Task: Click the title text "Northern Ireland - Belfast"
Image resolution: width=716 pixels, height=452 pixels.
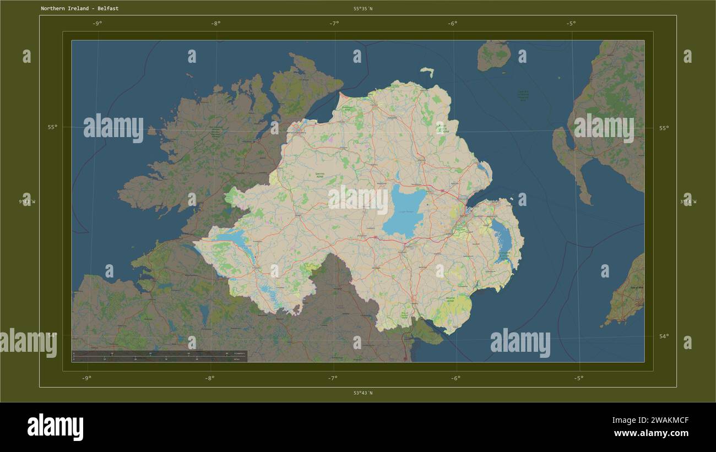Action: coord(79,9)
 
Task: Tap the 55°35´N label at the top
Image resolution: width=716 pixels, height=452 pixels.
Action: coord(363,9)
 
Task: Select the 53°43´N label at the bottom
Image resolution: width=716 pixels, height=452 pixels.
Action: coord(363,393)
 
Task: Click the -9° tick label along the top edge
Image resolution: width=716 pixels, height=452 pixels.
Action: coord(97,23)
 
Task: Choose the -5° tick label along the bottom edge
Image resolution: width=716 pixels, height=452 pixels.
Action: coord(578,378)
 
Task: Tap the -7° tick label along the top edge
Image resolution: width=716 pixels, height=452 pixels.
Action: coord(334,23)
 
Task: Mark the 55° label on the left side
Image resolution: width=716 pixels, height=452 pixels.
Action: coord(52,127)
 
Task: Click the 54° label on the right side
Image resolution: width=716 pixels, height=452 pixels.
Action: coord(664,336)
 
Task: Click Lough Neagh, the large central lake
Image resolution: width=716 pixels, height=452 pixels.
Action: coord(405,210)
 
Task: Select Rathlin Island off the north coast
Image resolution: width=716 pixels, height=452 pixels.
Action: coord(427,71)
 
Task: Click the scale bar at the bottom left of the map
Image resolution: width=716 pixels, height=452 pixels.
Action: coord(159,356)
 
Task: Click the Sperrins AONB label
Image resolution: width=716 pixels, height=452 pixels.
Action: coord(319,175)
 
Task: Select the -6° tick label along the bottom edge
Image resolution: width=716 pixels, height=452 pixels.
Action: coord(455,378)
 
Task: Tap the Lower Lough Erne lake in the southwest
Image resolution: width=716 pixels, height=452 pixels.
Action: coord(234,238)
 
